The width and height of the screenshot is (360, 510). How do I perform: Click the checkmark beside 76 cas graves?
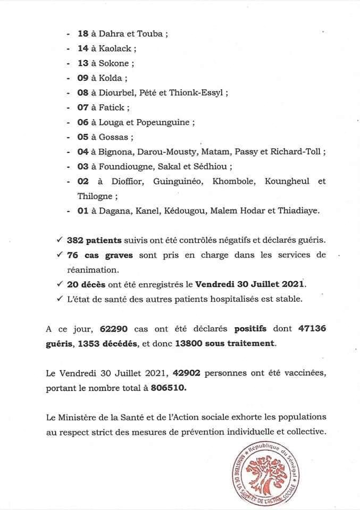pos(62,255)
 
